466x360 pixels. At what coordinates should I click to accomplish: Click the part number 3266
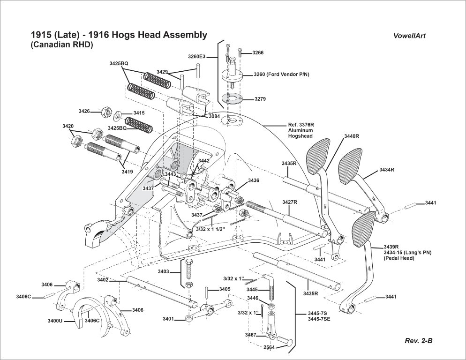coord(258,53)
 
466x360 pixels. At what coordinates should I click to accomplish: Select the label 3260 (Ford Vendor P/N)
coord(281,75)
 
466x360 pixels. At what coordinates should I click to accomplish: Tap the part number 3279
coord(260,99)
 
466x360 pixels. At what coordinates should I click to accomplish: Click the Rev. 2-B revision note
coord(418,341)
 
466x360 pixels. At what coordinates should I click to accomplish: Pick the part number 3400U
coord(55,321)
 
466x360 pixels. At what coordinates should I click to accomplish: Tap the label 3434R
coord(387,169)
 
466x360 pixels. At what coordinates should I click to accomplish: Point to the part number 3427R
coord(290,202)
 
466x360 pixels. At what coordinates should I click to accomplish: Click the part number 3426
coord(84,111)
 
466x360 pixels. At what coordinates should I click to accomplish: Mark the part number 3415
coord(139,113)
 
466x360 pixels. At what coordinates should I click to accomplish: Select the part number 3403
coord(164,271)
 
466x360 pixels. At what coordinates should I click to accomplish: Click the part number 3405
coord(225,289)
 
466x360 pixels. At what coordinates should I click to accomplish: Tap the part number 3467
coord(250,335)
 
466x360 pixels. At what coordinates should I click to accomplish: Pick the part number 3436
coord(254,180)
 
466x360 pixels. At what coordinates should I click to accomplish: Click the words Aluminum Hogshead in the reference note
coord(300,133)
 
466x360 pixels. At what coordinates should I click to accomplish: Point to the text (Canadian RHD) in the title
coord(62,45)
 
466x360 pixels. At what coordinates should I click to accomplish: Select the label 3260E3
coord(197,57)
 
